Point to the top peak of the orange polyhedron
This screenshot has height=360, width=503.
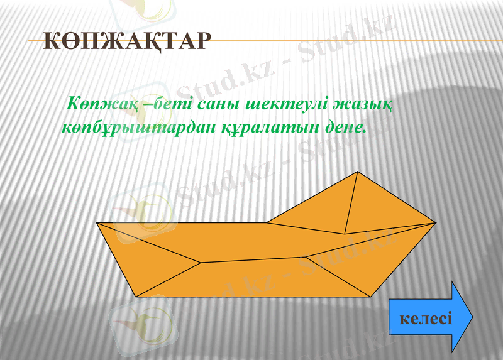[358, 172]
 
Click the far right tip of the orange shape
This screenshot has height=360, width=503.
[436, 222]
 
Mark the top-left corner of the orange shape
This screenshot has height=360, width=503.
[97, 222]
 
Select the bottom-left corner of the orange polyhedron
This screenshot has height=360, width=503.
[136, 296]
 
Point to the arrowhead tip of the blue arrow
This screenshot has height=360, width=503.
[472, 317]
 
